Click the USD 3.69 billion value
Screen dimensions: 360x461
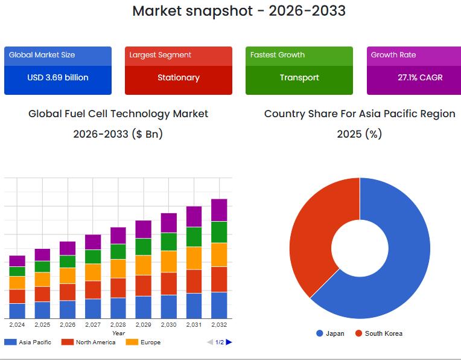click(x=58, y=77)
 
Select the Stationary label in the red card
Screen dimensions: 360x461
click(x=179, y=77)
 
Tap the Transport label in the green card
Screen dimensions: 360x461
click(x=299, y=77)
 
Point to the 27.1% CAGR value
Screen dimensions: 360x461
click(x=420, y=77)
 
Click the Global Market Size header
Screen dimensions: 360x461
click(x=42, y=55)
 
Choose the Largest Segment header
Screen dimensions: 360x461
click(x=161, y=55)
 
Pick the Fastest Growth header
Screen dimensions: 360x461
click(x=278, y=55)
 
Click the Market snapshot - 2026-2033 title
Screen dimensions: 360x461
click(x=239, y=11)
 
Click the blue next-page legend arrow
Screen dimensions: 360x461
click(x=229, y=342)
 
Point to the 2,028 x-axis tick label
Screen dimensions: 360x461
click(x=118, y=325)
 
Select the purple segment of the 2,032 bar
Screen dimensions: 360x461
click(x=219, y=210)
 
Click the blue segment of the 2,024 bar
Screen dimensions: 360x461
click(x=17, y=310)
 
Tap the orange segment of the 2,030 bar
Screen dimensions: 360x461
click(x=169, y=262)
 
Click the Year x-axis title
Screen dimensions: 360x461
click(x=118, y=333)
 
